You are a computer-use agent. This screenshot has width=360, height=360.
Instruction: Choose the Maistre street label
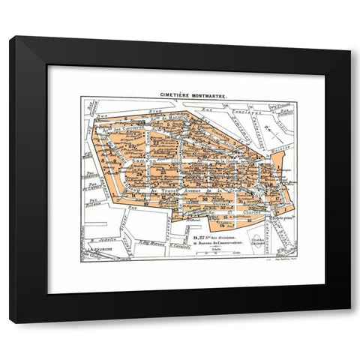205,115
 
